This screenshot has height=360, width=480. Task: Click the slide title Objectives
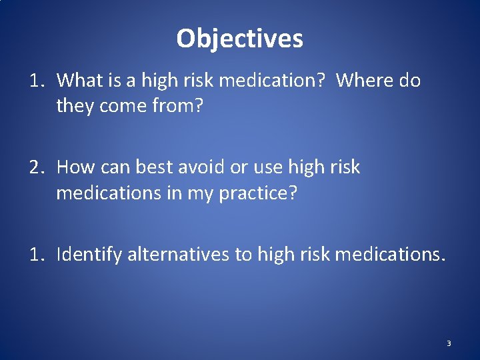pos(239,39)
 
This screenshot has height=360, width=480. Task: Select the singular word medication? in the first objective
pos(271,81)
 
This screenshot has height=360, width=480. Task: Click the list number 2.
pos(37,167)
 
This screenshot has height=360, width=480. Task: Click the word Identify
pos(89,254)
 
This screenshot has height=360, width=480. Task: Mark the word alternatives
pos(178,254)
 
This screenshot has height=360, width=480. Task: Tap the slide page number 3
pos(449,343)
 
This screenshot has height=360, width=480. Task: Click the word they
pos(74,105)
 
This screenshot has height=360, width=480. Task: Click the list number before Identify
pos(37,254)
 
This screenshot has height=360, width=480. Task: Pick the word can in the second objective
pos(117,167)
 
